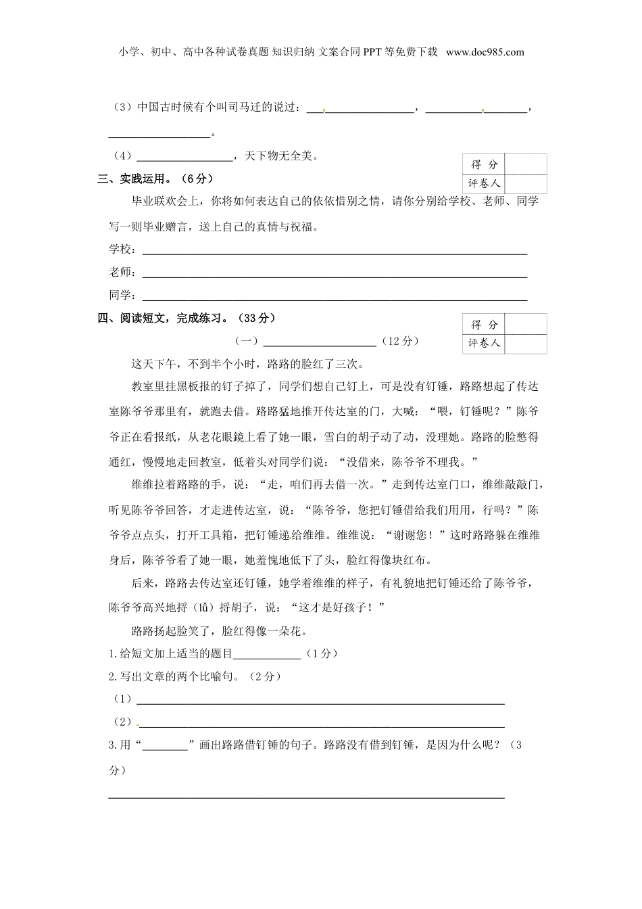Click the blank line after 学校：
[334, 254]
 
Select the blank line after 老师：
[334, 276]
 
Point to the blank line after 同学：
[334, 299]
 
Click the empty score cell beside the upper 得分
[526, 164]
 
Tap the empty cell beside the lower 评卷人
[526, 344]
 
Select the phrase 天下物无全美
[278, 156]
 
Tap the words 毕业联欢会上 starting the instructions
[165, 202]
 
